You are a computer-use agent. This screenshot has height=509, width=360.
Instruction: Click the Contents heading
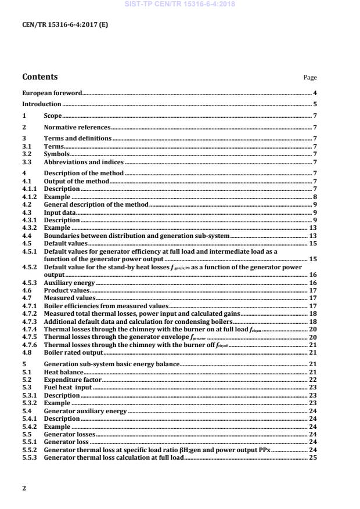[x=39, y=77]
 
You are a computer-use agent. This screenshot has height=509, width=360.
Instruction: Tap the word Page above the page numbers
[x=310, y=77]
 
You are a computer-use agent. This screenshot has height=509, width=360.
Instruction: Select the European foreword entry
[x=52, y=93]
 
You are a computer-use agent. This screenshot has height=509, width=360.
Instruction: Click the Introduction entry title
[x=41, y=104]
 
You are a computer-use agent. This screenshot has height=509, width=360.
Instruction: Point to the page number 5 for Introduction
[x=315, y=104]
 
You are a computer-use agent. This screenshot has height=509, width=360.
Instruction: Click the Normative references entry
[x=77, y=127]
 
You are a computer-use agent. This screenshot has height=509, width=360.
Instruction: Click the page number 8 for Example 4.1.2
[x=315, y=197]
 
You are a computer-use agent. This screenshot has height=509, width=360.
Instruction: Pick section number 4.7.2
[x=29, y=313]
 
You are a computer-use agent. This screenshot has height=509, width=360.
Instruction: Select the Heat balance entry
[x=63, y=371]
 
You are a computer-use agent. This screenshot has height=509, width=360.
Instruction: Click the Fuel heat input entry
[x=68, y=387]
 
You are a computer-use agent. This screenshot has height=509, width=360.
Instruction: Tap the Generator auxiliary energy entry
[x=85, y=411]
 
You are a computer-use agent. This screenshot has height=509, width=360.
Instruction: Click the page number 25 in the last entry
[x=312, y=458]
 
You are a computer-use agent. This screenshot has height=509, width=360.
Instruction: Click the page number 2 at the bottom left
[x=24, y=488]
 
